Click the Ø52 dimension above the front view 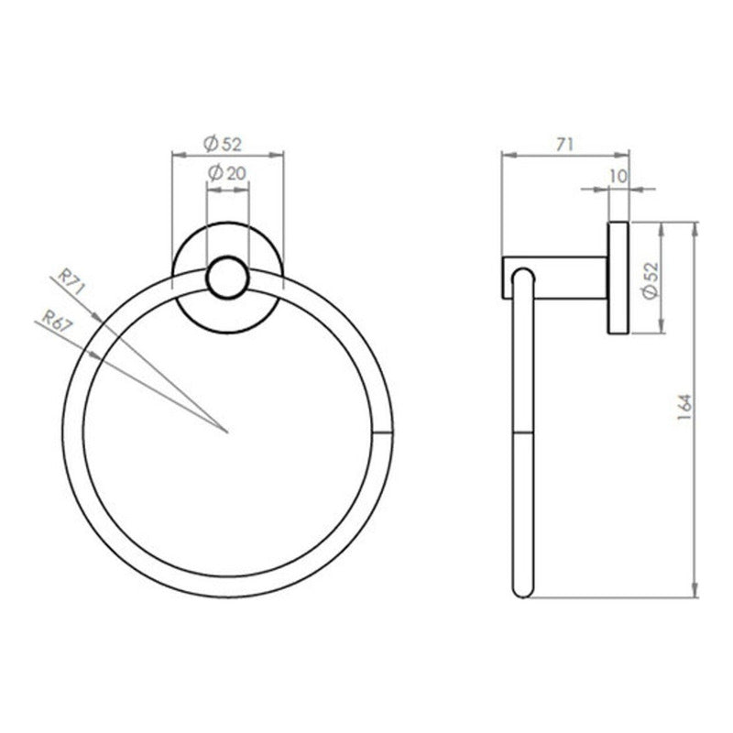click(x=223, y=144)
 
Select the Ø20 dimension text click(x=226, y=173)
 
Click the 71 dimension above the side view click(x=564, y=145)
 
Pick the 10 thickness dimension click(x=618, y=176)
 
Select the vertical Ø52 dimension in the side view click(x=651, y=279)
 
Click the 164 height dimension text click(x=684, y=406)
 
